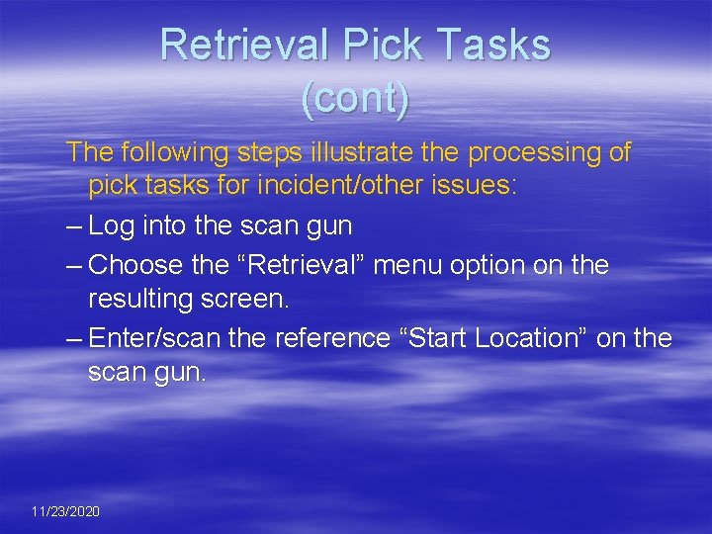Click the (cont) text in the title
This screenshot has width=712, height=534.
[x=355, y=99]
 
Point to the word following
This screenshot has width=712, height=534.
[x=174, y=152]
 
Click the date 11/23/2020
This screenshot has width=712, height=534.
[x=65, y=511]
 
